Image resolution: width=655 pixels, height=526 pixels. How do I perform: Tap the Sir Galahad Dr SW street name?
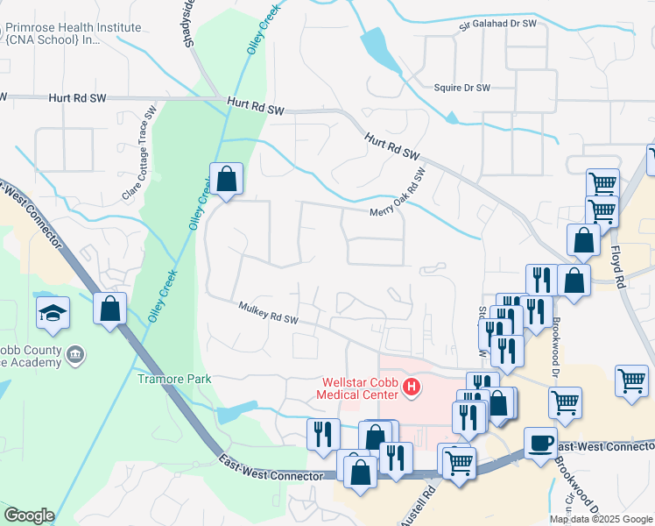[x=497, y=26]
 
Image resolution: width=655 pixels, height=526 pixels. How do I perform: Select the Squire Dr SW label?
[x=461, y=88]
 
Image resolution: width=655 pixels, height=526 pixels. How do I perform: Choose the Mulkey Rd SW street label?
[x=269, y=313]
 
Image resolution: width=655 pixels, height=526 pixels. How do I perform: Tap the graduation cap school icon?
[x=53, y=313]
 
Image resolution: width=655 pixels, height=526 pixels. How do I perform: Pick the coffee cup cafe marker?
[x=540, y=442]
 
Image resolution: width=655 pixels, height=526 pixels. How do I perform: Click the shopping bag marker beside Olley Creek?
[x=226, y=179]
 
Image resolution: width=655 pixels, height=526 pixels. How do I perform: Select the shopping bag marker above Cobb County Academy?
[x=110, y=309]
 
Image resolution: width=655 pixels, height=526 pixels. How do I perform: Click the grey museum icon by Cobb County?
[x=76, y=354]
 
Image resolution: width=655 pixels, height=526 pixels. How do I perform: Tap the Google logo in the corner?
[x=28, y=515]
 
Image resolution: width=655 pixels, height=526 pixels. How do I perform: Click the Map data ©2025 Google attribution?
[x=601, y=519]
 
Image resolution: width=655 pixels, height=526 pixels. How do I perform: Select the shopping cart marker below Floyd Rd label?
[x=631, y=380]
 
